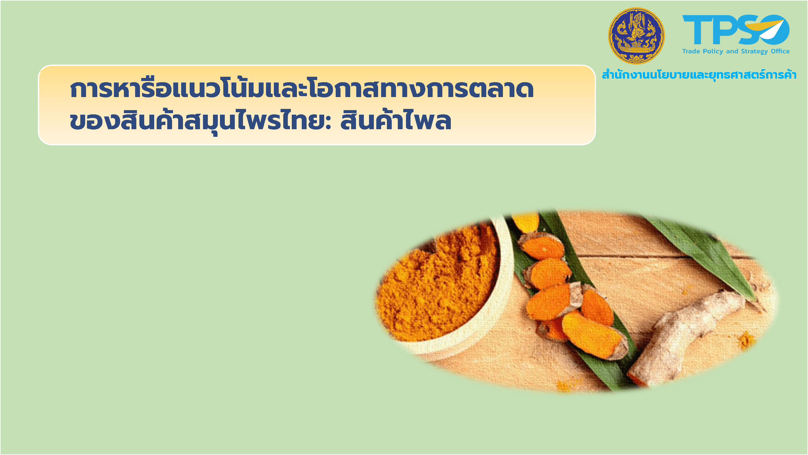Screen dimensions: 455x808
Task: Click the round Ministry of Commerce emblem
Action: [636, 36]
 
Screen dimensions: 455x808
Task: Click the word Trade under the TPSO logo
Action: [691, 52]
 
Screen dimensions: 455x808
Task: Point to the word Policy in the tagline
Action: [713, 52]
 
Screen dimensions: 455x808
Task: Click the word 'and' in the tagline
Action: [732, 52]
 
